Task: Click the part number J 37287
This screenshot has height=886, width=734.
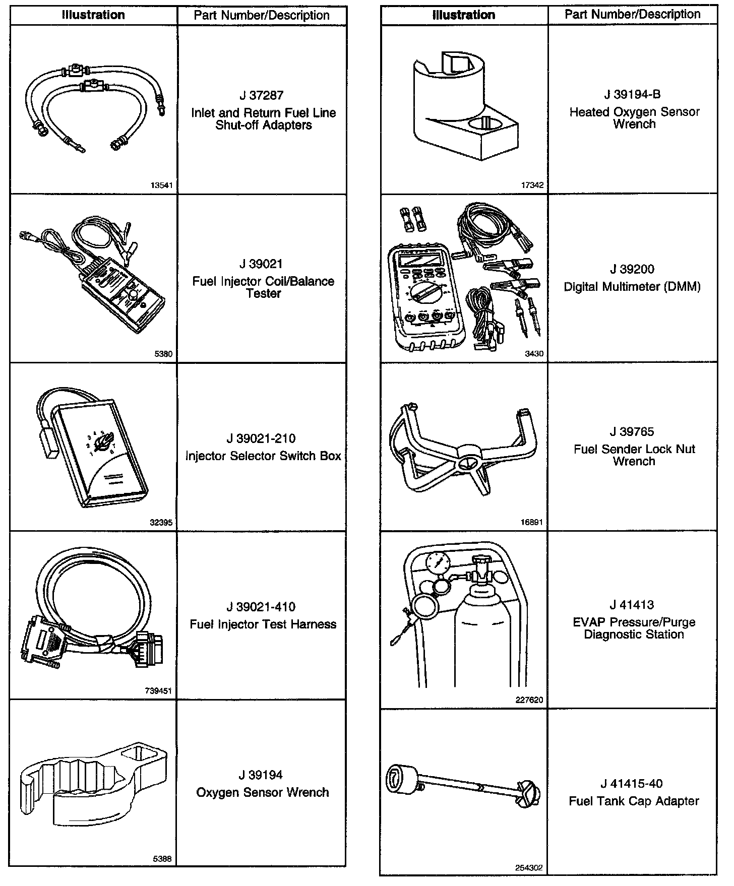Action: point(262,95)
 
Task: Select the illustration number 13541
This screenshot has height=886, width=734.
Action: point(161,185)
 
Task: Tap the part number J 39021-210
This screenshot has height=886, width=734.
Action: point(262,438)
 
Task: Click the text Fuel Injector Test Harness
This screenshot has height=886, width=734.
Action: point(263,624)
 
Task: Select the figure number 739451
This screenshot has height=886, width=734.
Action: point(159,691)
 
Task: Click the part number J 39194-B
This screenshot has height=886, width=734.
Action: point(633,94)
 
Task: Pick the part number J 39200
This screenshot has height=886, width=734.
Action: point(632,269)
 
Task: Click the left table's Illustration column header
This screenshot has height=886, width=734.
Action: point(93,15)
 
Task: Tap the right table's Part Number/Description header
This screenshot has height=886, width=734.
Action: point(632,14)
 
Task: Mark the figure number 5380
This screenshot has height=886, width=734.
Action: point(163,354)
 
